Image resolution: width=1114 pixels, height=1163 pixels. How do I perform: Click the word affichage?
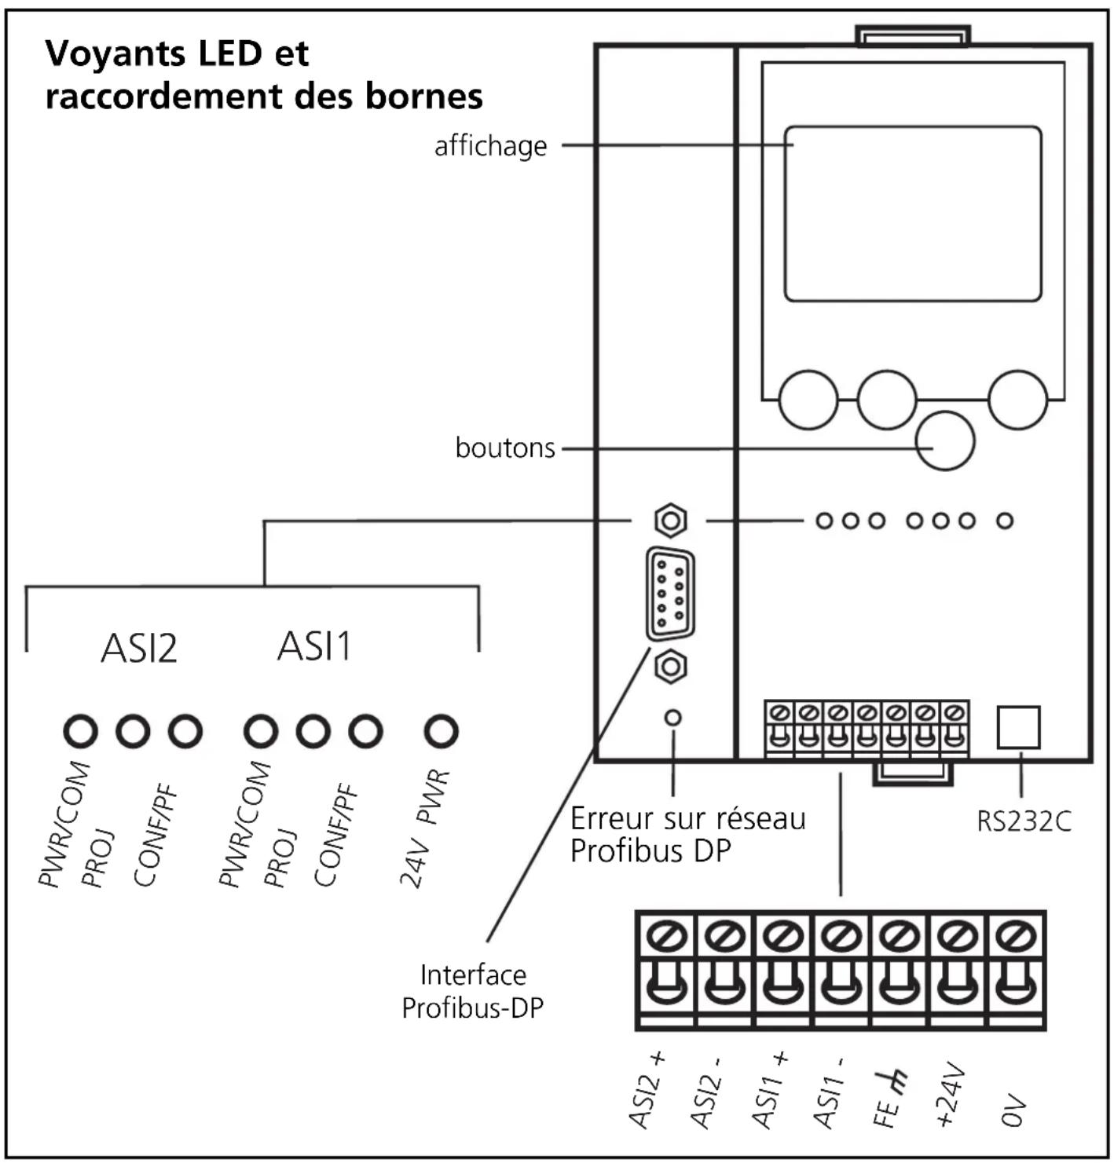490,146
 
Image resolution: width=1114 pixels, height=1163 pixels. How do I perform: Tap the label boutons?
505,448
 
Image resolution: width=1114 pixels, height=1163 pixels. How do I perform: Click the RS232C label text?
1024,821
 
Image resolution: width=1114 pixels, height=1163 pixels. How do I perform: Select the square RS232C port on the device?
1018,727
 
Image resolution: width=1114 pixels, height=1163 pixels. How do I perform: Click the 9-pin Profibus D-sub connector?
670,594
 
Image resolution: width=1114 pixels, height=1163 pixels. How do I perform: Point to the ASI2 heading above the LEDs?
139,648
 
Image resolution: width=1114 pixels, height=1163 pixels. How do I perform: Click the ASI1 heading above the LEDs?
314,646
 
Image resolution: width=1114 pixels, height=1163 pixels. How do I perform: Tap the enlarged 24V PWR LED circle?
442,731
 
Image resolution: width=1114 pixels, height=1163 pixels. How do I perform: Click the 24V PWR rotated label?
424,828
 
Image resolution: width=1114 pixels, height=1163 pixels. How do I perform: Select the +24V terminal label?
950,1095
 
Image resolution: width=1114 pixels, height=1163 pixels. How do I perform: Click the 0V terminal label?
1013,1110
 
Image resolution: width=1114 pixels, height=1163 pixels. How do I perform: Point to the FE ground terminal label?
889,1099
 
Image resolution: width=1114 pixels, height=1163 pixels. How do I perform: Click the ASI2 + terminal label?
647,1091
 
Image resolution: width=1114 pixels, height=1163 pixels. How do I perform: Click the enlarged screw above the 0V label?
1016,936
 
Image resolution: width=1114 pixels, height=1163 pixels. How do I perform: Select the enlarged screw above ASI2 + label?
667,936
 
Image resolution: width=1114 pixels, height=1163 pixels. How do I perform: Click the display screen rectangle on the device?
912,214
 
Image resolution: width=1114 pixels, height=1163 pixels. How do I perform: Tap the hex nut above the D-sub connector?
671,521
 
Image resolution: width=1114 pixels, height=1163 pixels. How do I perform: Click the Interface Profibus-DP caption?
472,992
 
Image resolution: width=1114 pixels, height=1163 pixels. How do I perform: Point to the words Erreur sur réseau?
688,819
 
